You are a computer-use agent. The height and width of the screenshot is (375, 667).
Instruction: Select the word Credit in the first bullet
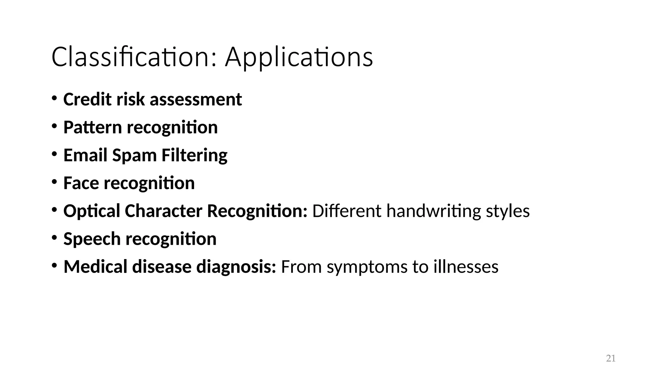87,99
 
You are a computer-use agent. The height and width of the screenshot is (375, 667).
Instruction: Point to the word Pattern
92,127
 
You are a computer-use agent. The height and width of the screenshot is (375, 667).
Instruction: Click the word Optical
92,211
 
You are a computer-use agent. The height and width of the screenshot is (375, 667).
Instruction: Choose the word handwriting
433,211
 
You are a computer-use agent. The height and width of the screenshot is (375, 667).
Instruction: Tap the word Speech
92,239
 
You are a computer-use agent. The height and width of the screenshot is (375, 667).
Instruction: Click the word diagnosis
236,267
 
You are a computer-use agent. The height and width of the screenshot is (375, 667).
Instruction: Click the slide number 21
611,358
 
